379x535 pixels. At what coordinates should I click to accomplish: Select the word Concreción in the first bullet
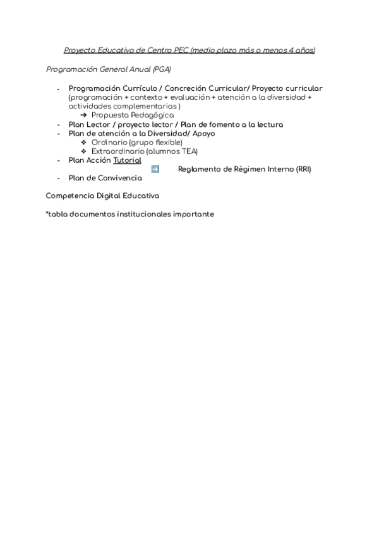click(186, 88)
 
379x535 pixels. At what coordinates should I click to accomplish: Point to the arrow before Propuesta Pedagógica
click(84, 115)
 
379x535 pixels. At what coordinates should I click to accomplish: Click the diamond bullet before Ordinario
click(84, 143)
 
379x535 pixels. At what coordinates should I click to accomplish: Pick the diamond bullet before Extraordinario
click(84, 151)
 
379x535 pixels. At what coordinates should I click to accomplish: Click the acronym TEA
click(188, 151)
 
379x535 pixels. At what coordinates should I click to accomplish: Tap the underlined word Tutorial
click(127, 160)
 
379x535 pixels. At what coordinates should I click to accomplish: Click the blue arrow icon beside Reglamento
click(155, 169)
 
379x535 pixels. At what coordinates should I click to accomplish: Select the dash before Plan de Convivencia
click(59, 178)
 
